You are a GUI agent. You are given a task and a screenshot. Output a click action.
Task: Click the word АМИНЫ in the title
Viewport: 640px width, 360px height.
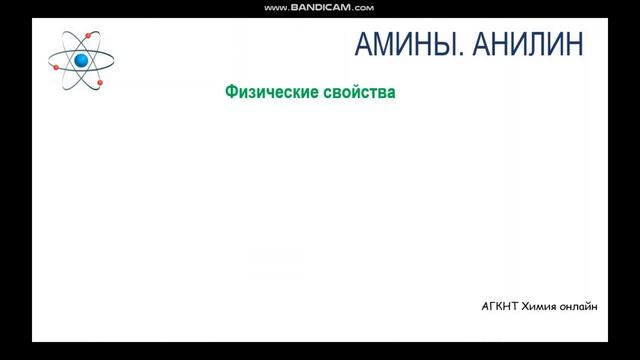coord(394,44)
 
